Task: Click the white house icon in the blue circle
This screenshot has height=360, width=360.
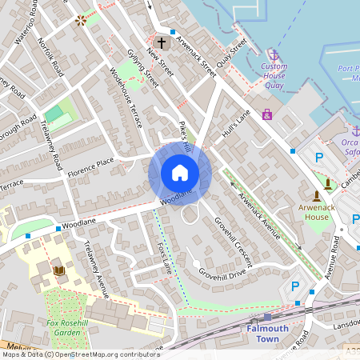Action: [x=180, y=172]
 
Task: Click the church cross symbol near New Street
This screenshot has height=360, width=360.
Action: [x=162, y=42]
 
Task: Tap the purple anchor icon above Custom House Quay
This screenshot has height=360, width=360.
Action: [x=274, y=55]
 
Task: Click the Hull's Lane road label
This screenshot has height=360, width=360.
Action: [x=238, y=124]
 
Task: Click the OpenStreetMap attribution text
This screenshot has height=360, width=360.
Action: [x=80, y=354]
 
